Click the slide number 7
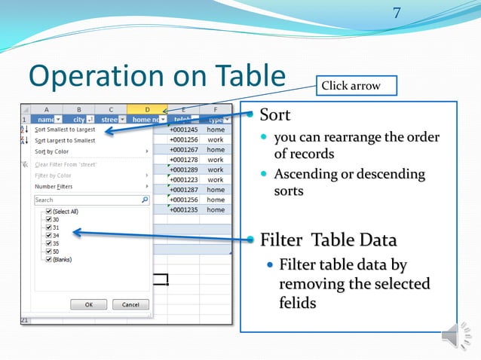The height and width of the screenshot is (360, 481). (x=398, y=14)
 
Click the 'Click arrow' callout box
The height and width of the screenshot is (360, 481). (x=351, y=86)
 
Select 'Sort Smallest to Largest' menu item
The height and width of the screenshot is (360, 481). (x=65, y=130)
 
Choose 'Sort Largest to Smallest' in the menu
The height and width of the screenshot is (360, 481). (x=65, y=140)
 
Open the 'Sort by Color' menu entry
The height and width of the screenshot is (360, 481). (x=54, y=151)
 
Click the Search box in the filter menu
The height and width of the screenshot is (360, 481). (x=87, y=200)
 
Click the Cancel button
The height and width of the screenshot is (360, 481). (x=130, y=304)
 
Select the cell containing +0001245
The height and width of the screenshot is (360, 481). (x=184, y=130)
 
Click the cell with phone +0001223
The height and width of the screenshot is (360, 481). (x=184, y=180)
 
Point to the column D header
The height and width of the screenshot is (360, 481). (x=147, y=109)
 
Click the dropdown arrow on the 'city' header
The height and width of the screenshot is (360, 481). (x=90, y=119)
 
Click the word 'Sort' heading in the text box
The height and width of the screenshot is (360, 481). (x=274, y=115)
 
